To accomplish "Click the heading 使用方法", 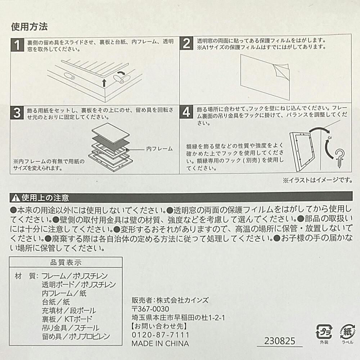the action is point(30,27).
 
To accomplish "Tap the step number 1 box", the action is point(17,45).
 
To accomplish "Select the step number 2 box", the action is point(186,44).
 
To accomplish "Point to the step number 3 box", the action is point(17,113).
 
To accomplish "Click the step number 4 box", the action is point(186,112).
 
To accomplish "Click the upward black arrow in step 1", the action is point(104,83).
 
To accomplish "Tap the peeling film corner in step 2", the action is point(281,71).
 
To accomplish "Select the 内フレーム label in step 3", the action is point(159,149).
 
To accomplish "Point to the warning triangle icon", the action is point(16,198).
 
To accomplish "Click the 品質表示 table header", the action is point(66,262).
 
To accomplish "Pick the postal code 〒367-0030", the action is point(150,309).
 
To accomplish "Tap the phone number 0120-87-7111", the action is point(160,335).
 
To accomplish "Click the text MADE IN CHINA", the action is point(160,344).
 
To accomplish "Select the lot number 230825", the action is point(280,341).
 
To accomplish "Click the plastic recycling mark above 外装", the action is point(324,332).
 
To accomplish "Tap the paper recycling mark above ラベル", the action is point(347,332).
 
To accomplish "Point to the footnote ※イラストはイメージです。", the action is point(318,180).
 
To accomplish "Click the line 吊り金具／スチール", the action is point(71,328).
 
